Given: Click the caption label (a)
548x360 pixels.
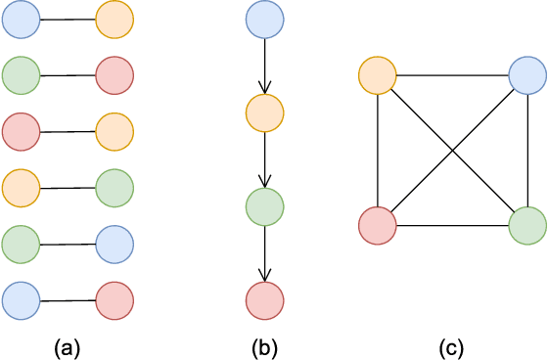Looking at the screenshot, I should [x=68, y=347].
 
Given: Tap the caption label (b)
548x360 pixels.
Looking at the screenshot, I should [x=264, y=347].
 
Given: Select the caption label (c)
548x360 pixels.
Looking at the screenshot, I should [x=452, y=347].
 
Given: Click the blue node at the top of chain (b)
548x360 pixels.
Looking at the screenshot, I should [x=264, y=20].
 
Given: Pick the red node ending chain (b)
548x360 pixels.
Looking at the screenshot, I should [x=264, y=300].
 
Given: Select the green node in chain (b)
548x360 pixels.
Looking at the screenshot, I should [x=264, y=206].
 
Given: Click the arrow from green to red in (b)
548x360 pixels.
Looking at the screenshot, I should [x=264, y=253].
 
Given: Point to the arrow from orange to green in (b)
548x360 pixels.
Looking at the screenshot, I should [x=264, y=159].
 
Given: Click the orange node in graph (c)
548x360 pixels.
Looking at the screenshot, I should [x=378, y=74].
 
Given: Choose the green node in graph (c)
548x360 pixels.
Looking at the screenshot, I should [x=527, y=225].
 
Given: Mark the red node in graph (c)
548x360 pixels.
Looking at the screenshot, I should [x=378, y=225].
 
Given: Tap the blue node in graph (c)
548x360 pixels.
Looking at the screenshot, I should [x=527, y=74].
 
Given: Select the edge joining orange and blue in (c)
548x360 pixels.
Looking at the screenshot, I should [x=452, y=74].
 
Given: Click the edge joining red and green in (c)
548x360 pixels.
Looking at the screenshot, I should [x=452, y=225].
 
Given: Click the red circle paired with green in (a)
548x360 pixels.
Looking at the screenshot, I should [x=114, y=74].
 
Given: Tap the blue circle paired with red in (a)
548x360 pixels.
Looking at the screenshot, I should [x=21, y=300].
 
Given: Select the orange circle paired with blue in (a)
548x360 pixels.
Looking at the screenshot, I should [x=114, y=20].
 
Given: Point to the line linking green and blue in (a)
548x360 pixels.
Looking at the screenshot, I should [x=68, y=244].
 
